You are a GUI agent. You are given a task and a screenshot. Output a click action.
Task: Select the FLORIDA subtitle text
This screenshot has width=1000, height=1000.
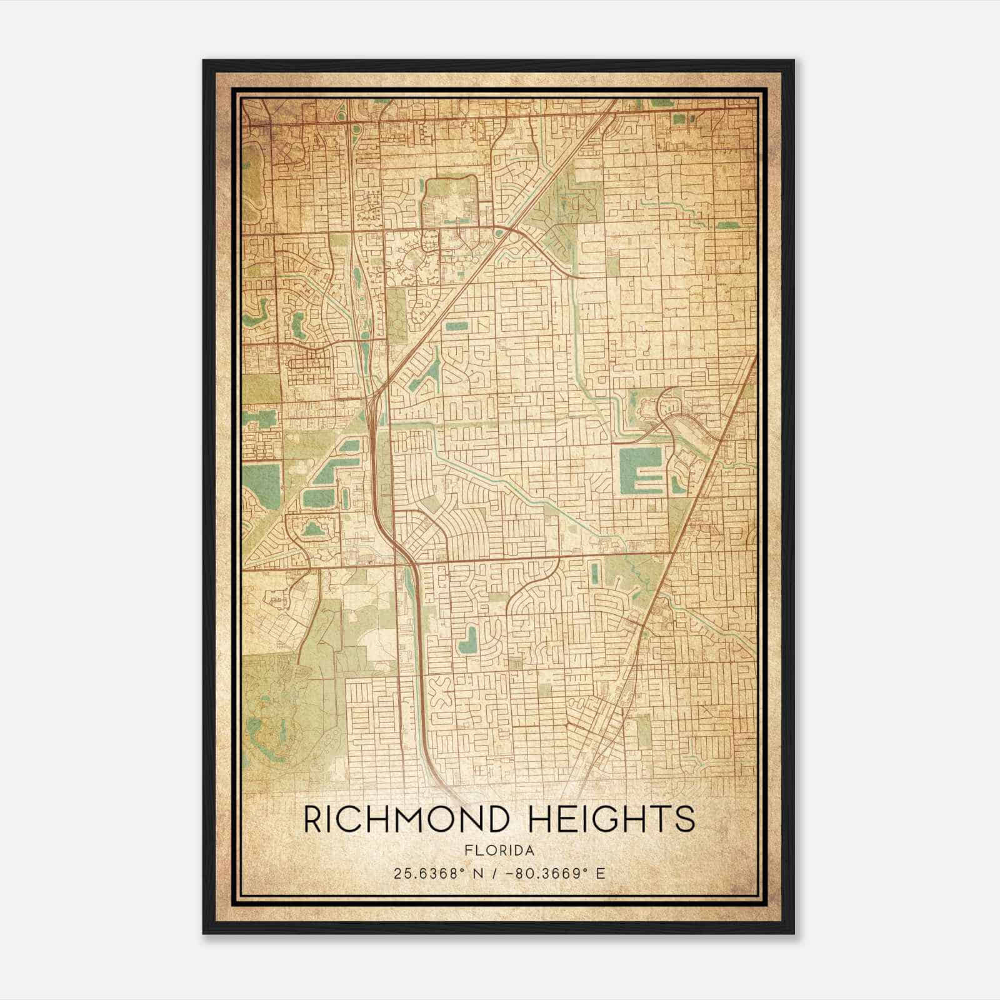coord(499,850)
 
